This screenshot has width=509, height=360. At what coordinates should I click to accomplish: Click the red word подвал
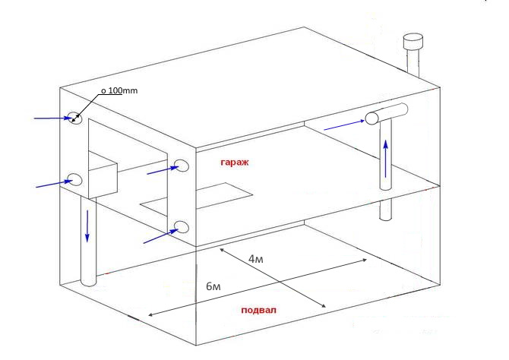click(258, 311)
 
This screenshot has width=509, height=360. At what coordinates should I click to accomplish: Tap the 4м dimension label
click(257, 259)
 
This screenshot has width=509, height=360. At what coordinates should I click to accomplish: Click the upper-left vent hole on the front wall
click(76, 118)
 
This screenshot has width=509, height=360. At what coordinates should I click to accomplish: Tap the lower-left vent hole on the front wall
click(75, 179)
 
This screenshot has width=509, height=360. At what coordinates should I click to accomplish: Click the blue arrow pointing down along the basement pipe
click(87, 226)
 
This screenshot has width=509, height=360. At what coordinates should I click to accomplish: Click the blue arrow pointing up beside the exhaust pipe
click(387, 157)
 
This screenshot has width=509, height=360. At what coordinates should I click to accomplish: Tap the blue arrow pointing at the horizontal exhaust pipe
click(343, 124)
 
